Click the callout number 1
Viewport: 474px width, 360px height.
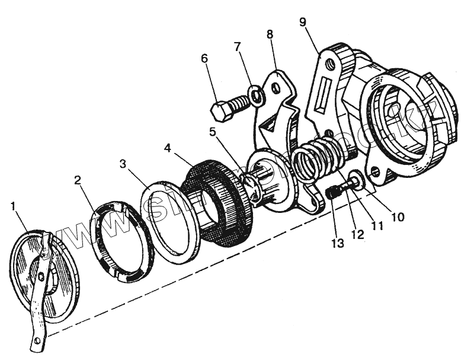14,206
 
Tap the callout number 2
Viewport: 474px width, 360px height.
78,180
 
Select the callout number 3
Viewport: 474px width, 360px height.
123,163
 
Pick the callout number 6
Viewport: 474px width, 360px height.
204,59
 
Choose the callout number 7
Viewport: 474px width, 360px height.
237,47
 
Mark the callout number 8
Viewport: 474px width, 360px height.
270,34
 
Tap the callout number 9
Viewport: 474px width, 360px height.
303,23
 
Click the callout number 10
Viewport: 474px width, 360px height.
398,216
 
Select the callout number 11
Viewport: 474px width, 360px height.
377,226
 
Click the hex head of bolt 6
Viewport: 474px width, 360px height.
220,110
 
